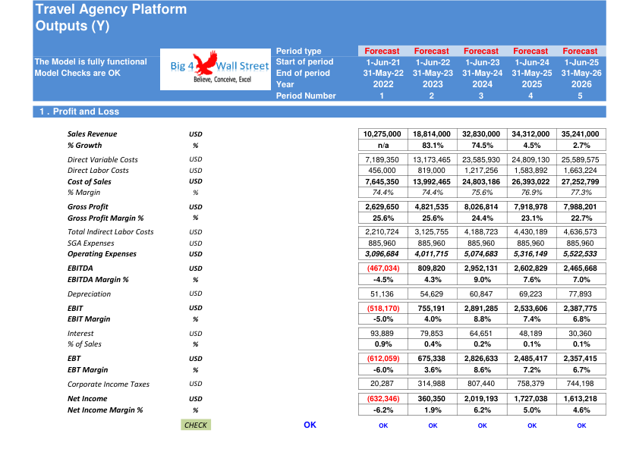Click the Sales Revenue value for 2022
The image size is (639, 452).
click(x=382, y=134)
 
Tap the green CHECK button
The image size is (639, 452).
click(x=196, y=425)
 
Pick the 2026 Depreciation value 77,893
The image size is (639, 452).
click(x=580, y=294)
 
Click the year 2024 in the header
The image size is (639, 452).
click(x=482, y=84)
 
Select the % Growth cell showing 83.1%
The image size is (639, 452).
click(x=433, y=146)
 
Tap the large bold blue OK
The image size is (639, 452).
click(x=310, y=425)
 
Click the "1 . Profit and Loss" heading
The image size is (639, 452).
click(x=79, y=111)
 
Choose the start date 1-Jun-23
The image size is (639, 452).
click(x=482, y=62)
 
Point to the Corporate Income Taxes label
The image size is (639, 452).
click(x=109, y=384)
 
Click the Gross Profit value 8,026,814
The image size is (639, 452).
click(x=481, y=207)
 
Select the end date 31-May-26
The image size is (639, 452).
click(x=581, y=74)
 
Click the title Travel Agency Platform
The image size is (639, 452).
click(x=111, y=9)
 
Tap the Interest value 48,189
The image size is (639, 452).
click(x=530, y=334)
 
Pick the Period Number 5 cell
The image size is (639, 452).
click(x=580, y=96)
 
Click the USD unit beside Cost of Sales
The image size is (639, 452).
click(x=196, y=181)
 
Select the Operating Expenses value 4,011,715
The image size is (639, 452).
click(x=432, y=254)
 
